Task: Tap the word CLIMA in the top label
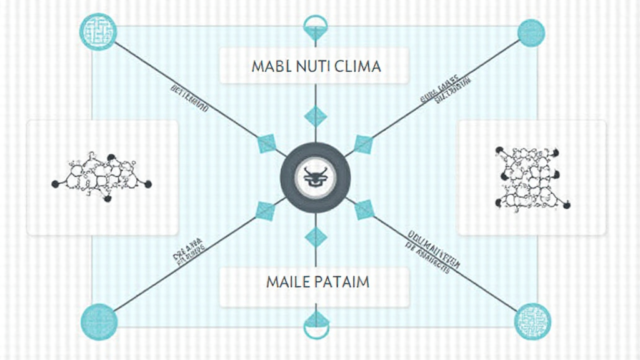356,66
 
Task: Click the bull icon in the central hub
316,177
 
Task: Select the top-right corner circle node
532,32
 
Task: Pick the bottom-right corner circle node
532,321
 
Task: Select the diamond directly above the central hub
316,116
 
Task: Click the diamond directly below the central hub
316,237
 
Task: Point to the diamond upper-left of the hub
267,145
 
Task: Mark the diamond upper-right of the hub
363,144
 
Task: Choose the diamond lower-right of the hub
364,210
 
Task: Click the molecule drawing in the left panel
102,176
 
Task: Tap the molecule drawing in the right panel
531,177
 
